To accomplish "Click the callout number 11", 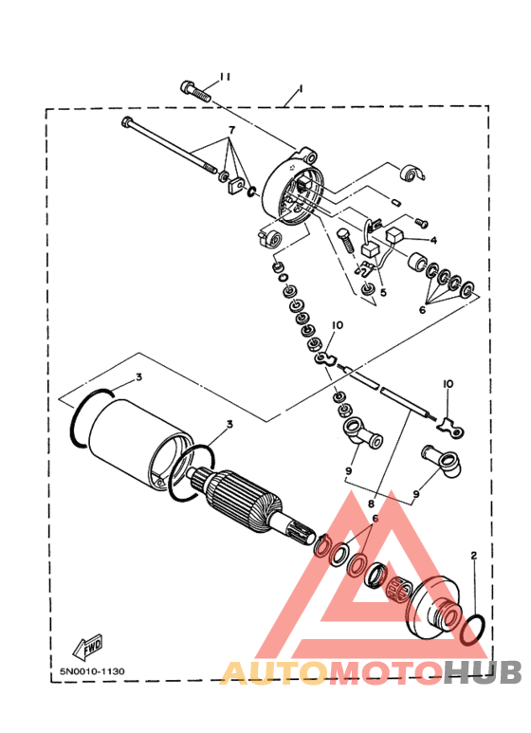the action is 226,77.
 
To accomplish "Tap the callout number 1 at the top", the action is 301,88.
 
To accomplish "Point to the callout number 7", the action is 231,129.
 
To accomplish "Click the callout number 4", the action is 433,240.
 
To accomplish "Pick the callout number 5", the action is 383,293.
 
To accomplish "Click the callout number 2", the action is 474,556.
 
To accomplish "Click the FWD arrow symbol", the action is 87,648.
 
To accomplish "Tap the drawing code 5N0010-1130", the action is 92,671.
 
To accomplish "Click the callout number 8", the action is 371,503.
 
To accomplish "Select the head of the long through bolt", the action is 127,122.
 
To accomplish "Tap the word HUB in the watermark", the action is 483,673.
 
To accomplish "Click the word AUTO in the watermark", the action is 273,673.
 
